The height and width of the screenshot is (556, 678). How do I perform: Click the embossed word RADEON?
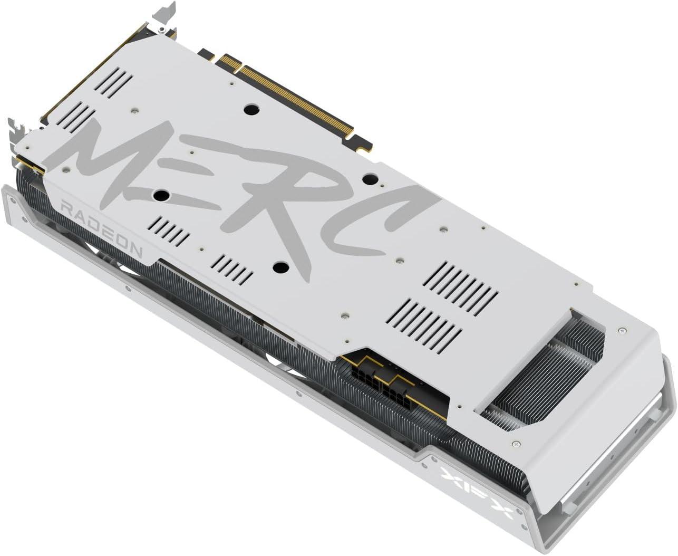pos(102,229)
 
